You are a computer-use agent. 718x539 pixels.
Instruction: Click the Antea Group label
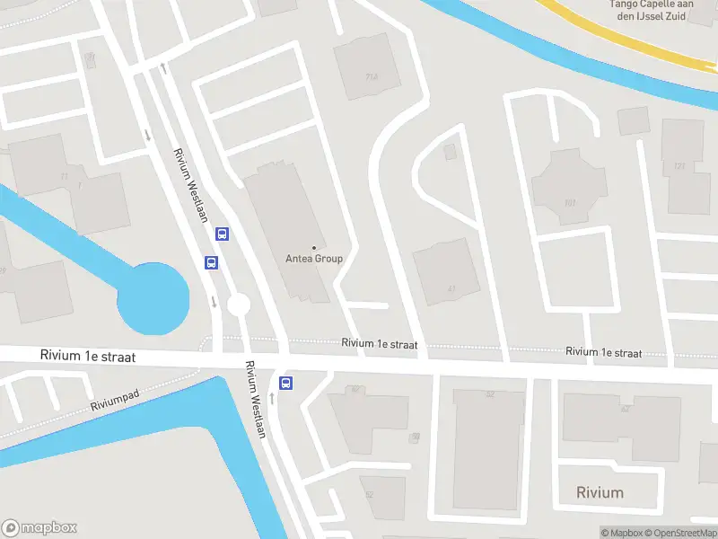(314, 259)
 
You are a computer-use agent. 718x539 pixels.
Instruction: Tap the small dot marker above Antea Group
(314, 247)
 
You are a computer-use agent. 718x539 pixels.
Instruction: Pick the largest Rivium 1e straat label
(87, 357)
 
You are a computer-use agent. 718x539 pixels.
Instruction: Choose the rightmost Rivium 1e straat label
(604, 352)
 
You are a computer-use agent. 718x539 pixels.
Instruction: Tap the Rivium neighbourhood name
(600, 492)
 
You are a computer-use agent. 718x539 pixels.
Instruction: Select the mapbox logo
(39, 528)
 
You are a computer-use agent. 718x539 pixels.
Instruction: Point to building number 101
(569, 203)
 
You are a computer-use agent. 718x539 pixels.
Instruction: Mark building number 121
(679, 166)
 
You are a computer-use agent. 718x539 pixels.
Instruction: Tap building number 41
(451, 288)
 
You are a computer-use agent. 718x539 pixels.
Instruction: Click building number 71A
(371, 76)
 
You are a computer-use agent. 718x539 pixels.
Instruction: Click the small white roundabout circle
(238, 305)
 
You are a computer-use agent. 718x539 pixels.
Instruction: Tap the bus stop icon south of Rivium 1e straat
(286, 384)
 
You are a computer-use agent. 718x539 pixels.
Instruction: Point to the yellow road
(628, 36)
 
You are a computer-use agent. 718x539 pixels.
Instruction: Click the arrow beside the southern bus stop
(271, 396)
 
